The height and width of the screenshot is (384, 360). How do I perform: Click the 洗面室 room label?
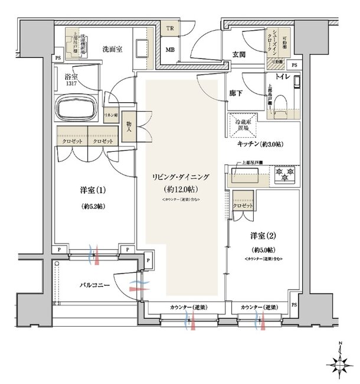coord(112,49)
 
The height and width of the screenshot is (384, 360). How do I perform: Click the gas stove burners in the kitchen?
coord(284,174)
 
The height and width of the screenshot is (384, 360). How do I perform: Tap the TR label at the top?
coord(169,28)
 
